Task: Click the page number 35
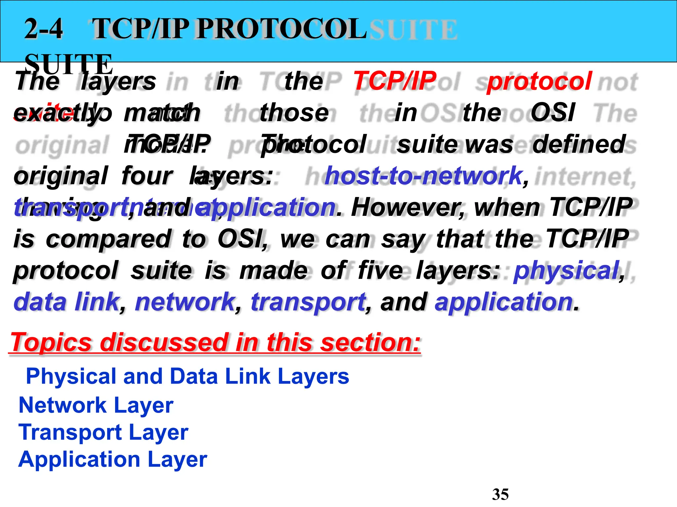pos(500,494)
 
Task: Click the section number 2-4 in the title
pos(44,29)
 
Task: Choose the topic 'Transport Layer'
pos(103,432)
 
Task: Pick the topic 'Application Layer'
pos(112,459)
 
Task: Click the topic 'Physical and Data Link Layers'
pos(187,376)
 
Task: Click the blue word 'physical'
pos(566,270)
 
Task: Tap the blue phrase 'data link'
pos(66,302)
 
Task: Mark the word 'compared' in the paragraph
pos(108,239)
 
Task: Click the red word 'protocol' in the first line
pos(539,81)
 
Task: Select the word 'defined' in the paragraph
pos(579,144)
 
